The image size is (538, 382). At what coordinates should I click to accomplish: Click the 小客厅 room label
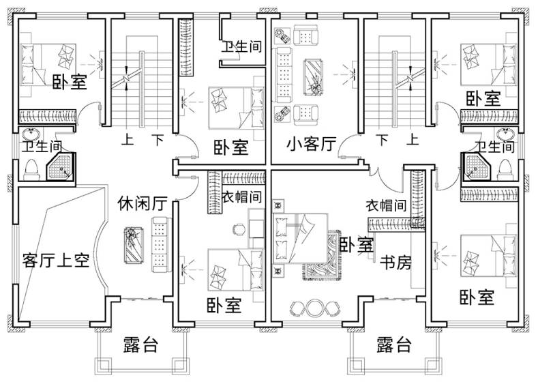click(312, 145)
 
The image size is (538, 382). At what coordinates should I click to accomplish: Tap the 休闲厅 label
click(142, 203)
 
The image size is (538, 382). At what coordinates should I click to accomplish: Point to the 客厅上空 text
click(56, 261)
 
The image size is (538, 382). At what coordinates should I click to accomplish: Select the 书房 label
click(395, 263)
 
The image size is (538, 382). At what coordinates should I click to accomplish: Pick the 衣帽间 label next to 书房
click(386, 205)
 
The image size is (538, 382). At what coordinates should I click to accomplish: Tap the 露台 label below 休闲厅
click(141, 344)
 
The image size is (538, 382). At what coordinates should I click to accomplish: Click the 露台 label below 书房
click(393, 344)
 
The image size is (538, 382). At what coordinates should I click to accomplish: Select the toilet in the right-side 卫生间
click(505, 168)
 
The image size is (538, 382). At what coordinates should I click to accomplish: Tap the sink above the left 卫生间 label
click(31, 134)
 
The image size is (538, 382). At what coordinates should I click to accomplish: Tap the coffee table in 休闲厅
click(134, 242)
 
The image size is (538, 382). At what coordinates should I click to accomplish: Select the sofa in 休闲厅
click(160, 243)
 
